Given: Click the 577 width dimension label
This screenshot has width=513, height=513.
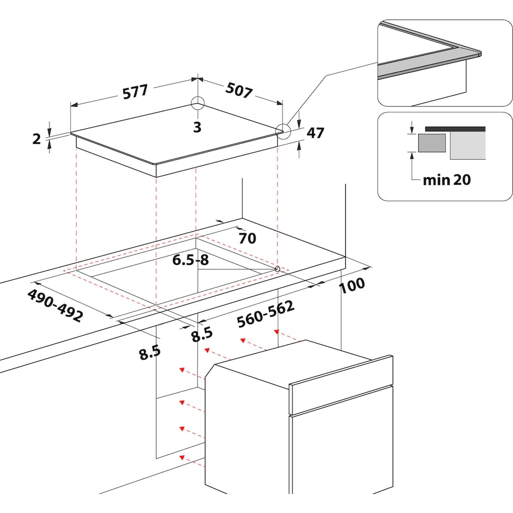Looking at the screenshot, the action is pos(135,92).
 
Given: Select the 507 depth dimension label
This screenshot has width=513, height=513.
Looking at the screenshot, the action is pos(239,90).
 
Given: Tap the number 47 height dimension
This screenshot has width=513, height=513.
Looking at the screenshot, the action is pos(316,133).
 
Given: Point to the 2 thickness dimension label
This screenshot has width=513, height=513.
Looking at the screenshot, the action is pos(37,139).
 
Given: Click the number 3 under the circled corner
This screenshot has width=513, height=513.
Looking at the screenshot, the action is pos(197,127).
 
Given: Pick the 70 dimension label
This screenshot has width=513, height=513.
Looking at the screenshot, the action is pos(247,238).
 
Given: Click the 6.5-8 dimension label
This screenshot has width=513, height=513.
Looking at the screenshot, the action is pos(190,260).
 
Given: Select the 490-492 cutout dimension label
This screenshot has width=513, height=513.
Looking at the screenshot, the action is pos(55,305).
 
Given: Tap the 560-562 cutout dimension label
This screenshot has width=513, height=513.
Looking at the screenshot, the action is pos(266,315).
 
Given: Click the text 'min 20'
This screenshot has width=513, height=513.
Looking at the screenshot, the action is pos(446,180).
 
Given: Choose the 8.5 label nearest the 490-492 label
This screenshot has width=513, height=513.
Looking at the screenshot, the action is pos(150,353).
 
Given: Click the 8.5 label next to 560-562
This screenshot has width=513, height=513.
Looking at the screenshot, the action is pos(202,334).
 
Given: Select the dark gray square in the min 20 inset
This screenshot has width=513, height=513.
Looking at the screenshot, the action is pos(432,143).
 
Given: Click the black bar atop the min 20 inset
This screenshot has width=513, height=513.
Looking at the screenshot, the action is pos(455,129).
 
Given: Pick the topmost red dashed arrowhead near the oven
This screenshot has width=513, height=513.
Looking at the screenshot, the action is pos(277,332).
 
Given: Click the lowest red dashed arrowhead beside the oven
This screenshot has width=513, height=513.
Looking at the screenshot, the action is pos(182,457).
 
